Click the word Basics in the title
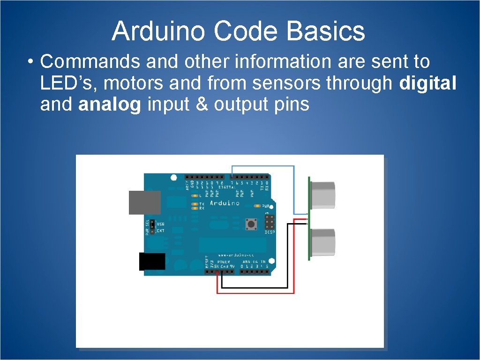(326, 31)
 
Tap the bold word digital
(427, 83)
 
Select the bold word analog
(110, 105)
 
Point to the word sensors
(287, 83)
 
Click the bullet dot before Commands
(30, 62)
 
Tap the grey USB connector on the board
(144, 202)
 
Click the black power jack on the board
(152, 262)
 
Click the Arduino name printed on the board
(225, 203)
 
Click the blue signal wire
(294, 187)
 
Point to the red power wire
(255, 293)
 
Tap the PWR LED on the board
(257, 206)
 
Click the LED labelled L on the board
(195, 195)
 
